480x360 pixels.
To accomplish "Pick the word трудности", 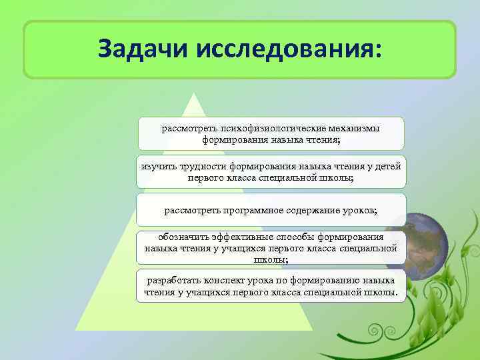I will coord(202,166).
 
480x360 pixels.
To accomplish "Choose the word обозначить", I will coord(183,237).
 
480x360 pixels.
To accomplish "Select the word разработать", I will coord(175,280).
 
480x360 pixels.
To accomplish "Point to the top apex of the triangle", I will coord(194,95).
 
